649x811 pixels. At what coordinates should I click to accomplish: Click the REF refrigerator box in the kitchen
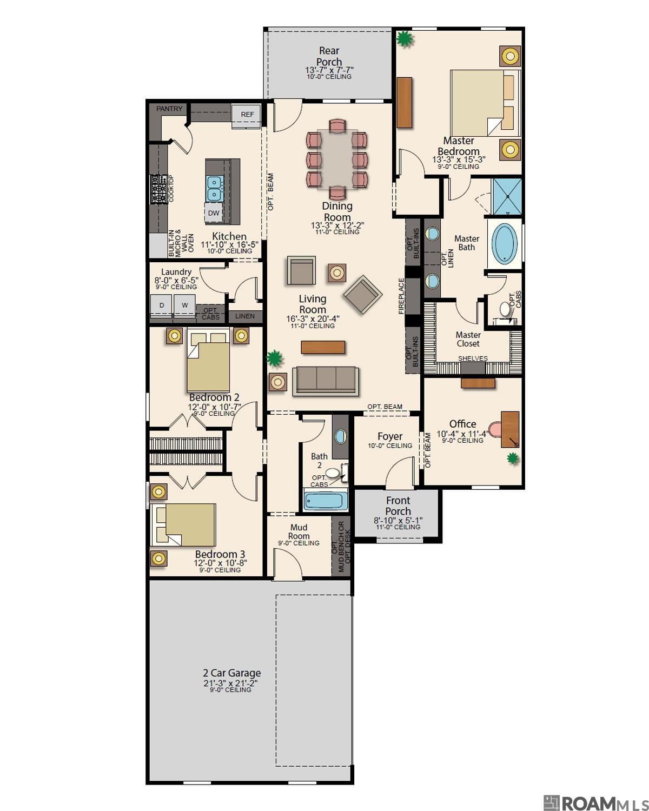(x=247, y=115)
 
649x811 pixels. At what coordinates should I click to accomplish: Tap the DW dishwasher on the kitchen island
(x=214, y=213)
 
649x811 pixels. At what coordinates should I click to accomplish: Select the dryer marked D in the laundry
(x=161, y=305)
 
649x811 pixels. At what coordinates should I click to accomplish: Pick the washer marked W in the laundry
(x=185, y=305)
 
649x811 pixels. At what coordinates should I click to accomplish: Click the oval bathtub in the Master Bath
(x=505, y=244)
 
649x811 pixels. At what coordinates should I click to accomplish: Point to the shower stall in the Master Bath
(x=506, y=196)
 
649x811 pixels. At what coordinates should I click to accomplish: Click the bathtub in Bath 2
(x=324, y=501)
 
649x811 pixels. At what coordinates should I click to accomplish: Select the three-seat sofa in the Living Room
(x=325, y=380)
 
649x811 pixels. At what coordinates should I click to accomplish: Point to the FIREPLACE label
(x=401, y=296)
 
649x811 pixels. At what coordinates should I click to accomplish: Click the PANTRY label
(x=169, y=109)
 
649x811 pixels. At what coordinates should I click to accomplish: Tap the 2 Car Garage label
(x=231, y=673)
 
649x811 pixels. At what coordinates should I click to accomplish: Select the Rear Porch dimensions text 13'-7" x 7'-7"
(x=329, y=70)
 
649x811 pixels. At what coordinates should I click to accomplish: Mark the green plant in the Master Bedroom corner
(x=404, y=38)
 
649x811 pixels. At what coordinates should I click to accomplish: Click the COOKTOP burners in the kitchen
(x=159, y=189)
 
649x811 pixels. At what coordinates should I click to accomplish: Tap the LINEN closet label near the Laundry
(x=245, y=316)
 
